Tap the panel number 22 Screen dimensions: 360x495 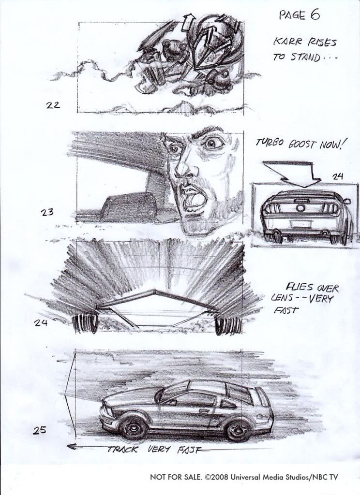[x=53, y=104]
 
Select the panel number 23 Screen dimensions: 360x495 [x=47, y=212]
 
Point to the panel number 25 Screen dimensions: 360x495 [x=40, y=430]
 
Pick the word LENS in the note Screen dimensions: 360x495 [x=281, y=298]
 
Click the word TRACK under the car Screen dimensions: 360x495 [x=122, y=449]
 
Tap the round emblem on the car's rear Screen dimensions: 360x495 [x=301, y=208]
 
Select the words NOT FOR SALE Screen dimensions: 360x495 [x=176, y=477]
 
